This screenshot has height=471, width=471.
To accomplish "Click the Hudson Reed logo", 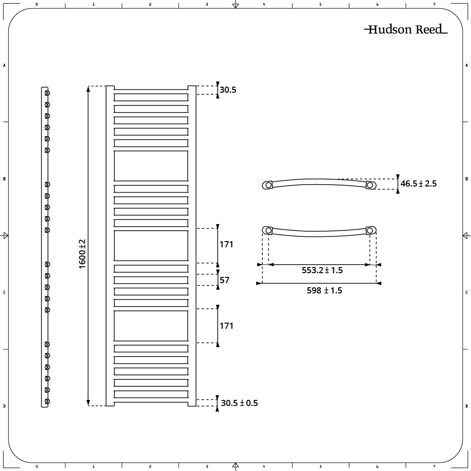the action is coord(406,29).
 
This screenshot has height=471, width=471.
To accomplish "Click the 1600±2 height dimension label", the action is coord(82,254).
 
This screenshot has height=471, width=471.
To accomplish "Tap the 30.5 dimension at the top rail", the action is coord(228,90).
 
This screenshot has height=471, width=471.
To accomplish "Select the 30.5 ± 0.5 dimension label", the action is coord(239,403).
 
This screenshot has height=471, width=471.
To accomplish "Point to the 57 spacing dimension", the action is coord(224,280).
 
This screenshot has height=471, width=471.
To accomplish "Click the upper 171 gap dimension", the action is coord(226,244).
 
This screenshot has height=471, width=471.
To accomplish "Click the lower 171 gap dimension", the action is coord(226,325).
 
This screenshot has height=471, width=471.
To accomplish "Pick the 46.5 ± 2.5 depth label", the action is coord(418,184).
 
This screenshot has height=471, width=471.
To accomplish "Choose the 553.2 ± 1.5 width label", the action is coord(322,270).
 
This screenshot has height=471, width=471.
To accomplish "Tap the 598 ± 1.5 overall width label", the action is coord(325,290).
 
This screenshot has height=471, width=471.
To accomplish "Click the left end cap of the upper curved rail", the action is coord(268,185).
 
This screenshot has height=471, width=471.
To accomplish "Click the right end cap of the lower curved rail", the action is coord(371,230).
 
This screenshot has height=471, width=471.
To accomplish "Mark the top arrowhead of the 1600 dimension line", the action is coord(88,89).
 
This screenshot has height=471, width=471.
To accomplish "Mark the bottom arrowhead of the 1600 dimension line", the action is coord(88,403).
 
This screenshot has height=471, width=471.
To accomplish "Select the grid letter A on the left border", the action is coord(4,65).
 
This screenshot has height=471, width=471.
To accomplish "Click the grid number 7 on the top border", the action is coord(434,4).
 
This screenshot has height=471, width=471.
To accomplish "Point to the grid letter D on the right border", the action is coord(466,406).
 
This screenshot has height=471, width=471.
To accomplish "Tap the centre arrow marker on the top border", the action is coord(236,5).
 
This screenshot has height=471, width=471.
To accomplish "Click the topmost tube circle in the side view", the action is coord(47,93).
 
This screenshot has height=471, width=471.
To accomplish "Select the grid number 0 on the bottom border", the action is coord(37,466).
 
